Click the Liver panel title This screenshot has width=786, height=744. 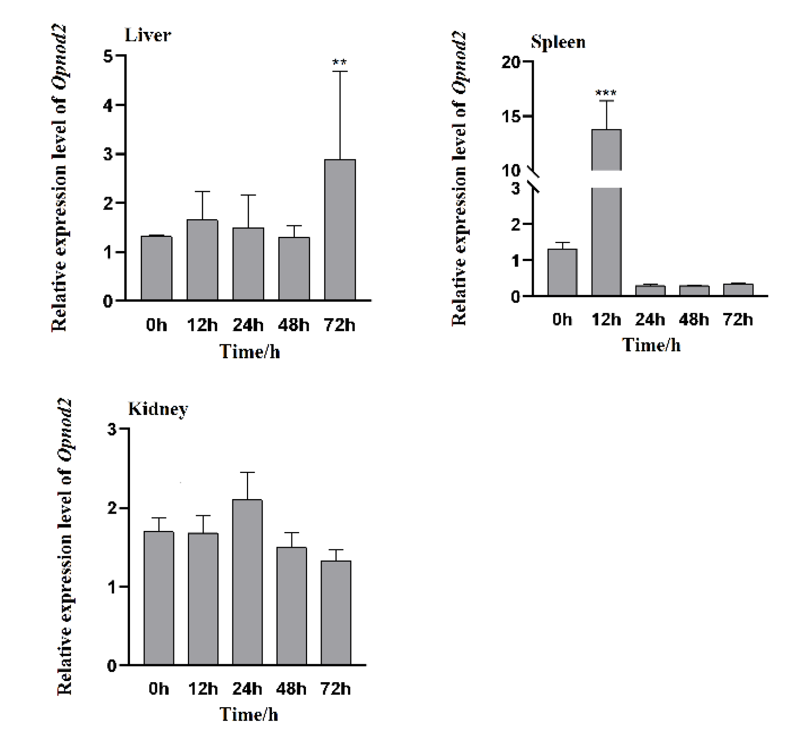coord(148,35)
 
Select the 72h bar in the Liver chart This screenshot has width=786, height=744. coord(340,230)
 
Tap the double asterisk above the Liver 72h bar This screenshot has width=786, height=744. coord(340,62)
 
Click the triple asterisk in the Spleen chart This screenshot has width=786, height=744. coord(606,93)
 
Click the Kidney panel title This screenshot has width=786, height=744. coord(158,409)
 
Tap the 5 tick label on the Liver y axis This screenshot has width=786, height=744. coord(108,56)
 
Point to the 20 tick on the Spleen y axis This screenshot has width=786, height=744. coord(511,62)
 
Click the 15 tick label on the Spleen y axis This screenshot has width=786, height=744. coord(511,117)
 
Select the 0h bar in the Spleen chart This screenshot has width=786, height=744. coord(562,272)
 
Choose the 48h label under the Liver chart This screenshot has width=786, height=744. coord(294,325)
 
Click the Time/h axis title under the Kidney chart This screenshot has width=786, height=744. coord(249,714)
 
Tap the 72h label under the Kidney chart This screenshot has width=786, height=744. coord(335,689)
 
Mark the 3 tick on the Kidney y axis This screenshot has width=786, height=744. coord(112,430)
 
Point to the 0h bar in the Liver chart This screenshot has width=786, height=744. coord(156,268)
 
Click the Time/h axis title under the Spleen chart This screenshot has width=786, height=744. coord(651,345)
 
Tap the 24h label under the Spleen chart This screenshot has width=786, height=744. coord(650,319)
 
